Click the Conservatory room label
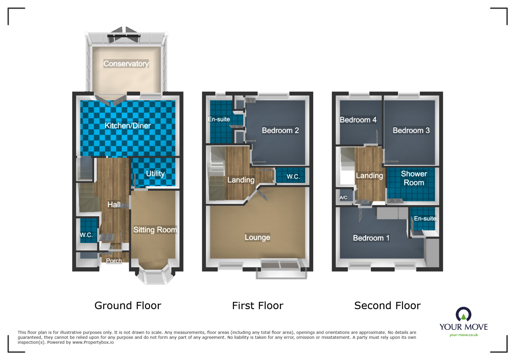(x=126, y=64)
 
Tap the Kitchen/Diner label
(x=128, y=126)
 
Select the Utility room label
(x=155, y=173)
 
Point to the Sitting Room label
(x=155, y=230)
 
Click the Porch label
(x=114, y=261)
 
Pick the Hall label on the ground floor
(x=114, y=205)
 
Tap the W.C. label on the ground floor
(x=86, y=235)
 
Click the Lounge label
(x=257, y=237)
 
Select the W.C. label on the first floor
(x=293, y=176)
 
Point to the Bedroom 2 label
(x=280, y=130)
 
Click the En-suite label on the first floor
(x=219, y=119)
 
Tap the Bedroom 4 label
(x=358, y=120)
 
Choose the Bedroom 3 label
(x=411, y=130)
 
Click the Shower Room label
(x=414, y=178)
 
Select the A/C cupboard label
(x=343, y=197)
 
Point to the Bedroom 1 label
(x=371, y=238)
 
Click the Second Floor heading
(x=387, y=305)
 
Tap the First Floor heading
(x=257, y=305)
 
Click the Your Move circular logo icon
(x=463, y=314)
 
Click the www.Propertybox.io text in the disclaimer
(x=93, y=342)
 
